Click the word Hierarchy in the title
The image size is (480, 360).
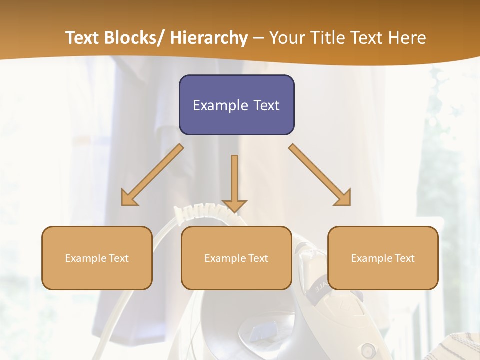pyautogui.click(x=209, y=38)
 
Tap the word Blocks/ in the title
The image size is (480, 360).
pyautogui.click(x=136, y=38)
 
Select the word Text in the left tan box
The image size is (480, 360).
pyautogui.click(x=118, y=258)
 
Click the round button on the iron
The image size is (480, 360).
pyautogui.click(x=368, y=348)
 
